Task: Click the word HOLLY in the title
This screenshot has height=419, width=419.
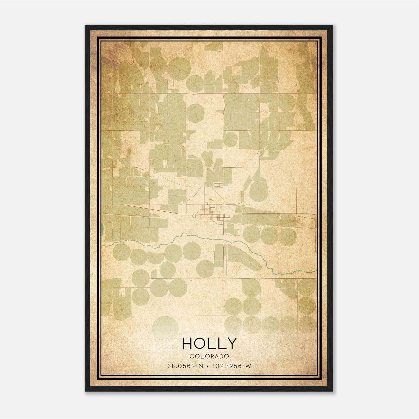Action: click(x=209, y=343)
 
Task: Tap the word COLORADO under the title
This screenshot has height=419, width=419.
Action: click(x=209, y=356)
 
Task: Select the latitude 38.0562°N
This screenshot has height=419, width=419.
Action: click(x=185, y=366)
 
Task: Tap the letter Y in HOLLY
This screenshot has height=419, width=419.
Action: click(x=232, y=343)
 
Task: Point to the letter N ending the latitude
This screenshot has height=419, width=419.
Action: click(x=201, y=366)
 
